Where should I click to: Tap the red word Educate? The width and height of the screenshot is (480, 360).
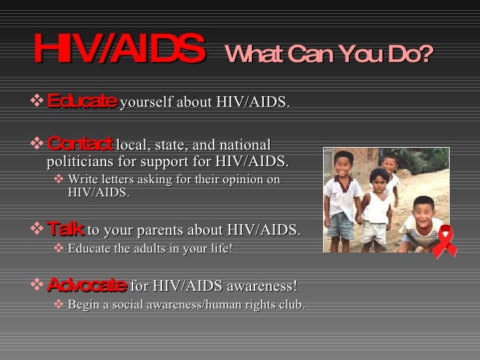point(82,102)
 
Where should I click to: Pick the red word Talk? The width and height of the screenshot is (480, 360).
point(65,229)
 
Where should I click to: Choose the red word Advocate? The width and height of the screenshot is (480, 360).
point(87,285)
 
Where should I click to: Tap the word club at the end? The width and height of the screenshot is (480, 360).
point(292,305)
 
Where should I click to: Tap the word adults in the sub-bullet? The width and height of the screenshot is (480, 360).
point(145,248)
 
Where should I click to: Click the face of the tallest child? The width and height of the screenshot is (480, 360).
point(344,163)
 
